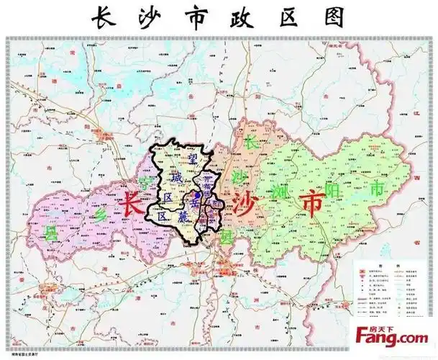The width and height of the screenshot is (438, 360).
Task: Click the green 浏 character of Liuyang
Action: pos(280,190)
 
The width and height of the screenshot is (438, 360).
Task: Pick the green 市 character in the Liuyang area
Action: pos(375,189)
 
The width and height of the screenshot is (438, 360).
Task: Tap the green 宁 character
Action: pos(147,181)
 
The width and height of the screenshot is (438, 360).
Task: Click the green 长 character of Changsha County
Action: pos(251,141)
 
